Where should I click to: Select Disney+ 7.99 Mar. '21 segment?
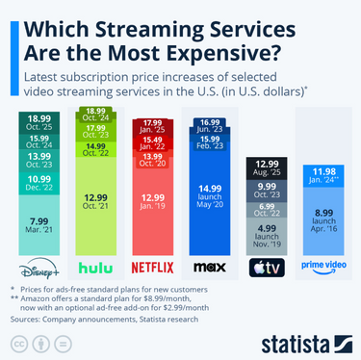click(39, 228)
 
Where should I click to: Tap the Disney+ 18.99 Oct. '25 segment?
click(39, 120)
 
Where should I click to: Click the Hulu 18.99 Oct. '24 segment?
click(97, 115)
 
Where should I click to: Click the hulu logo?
click(97, 267)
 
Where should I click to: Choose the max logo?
click(209, 267)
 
